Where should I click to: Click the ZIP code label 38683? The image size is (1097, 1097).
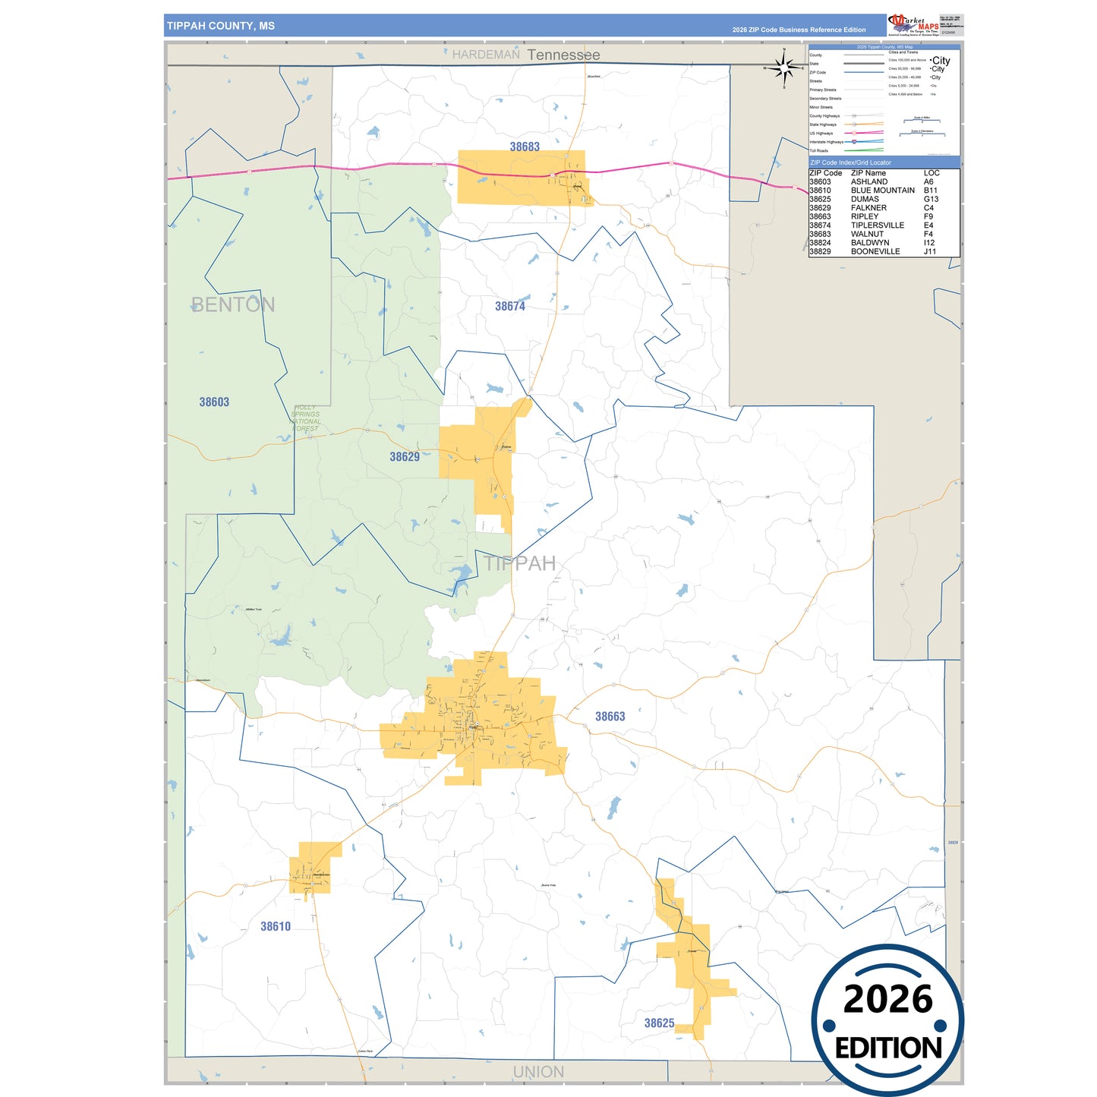(x=525, y=147)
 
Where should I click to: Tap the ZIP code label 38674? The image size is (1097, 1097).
(x=510, y=306)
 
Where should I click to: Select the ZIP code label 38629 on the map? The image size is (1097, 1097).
(x=405, y=456)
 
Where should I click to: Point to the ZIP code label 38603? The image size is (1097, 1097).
(x=214, y=402)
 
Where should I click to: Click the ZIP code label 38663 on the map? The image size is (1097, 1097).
(x=610, y=716)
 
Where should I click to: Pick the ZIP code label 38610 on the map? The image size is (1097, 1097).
(x=276, y=926)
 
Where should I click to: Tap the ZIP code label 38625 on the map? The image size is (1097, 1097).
(x=659, y=1023)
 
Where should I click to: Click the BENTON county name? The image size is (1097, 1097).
(x=233, y=304)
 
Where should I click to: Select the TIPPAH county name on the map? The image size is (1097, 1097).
(x=520, y=563)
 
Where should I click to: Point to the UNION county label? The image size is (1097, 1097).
(x=538, y=1072)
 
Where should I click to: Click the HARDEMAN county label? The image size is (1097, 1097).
(x=486, y=55)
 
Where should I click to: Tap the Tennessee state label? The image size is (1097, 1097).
(x=563, y=55)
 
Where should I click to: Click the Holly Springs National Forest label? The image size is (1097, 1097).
(x=306, y=418)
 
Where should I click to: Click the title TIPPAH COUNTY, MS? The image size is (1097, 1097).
(x=221, y=26)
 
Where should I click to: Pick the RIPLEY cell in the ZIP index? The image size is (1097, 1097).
(x=865, y=216)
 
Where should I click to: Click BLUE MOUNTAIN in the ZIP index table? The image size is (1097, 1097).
(x=883, y=191)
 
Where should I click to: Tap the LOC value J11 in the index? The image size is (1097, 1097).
(x=930, y=251)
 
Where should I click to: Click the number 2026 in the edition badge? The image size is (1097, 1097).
(x=887, y=999)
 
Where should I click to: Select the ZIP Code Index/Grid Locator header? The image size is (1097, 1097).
(x=851, y=162)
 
